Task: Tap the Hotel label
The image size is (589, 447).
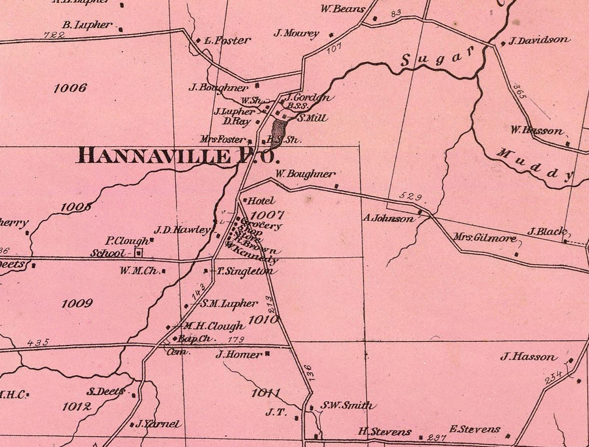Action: (261, 201)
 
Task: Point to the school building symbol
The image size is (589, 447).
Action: (138, 253)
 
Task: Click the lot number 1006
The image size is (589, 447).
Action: (70, 88)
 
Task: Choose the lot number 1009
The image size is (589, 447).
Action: (77, 303)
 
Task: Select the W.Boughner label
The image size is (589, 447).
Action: (305, 174)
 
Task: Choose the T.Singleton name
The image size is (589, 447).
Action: (244, 271)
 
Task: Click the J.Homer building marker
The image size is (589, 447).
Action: (267, 354)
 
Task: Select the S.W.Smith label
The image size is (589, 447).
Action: (346, 405)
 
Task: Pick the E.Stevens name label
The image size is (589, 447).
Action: (474, 429)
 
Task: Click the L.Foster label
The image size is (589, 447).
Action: (228, 40)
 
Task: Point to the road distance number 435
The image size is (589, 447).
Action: (38, 342)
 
